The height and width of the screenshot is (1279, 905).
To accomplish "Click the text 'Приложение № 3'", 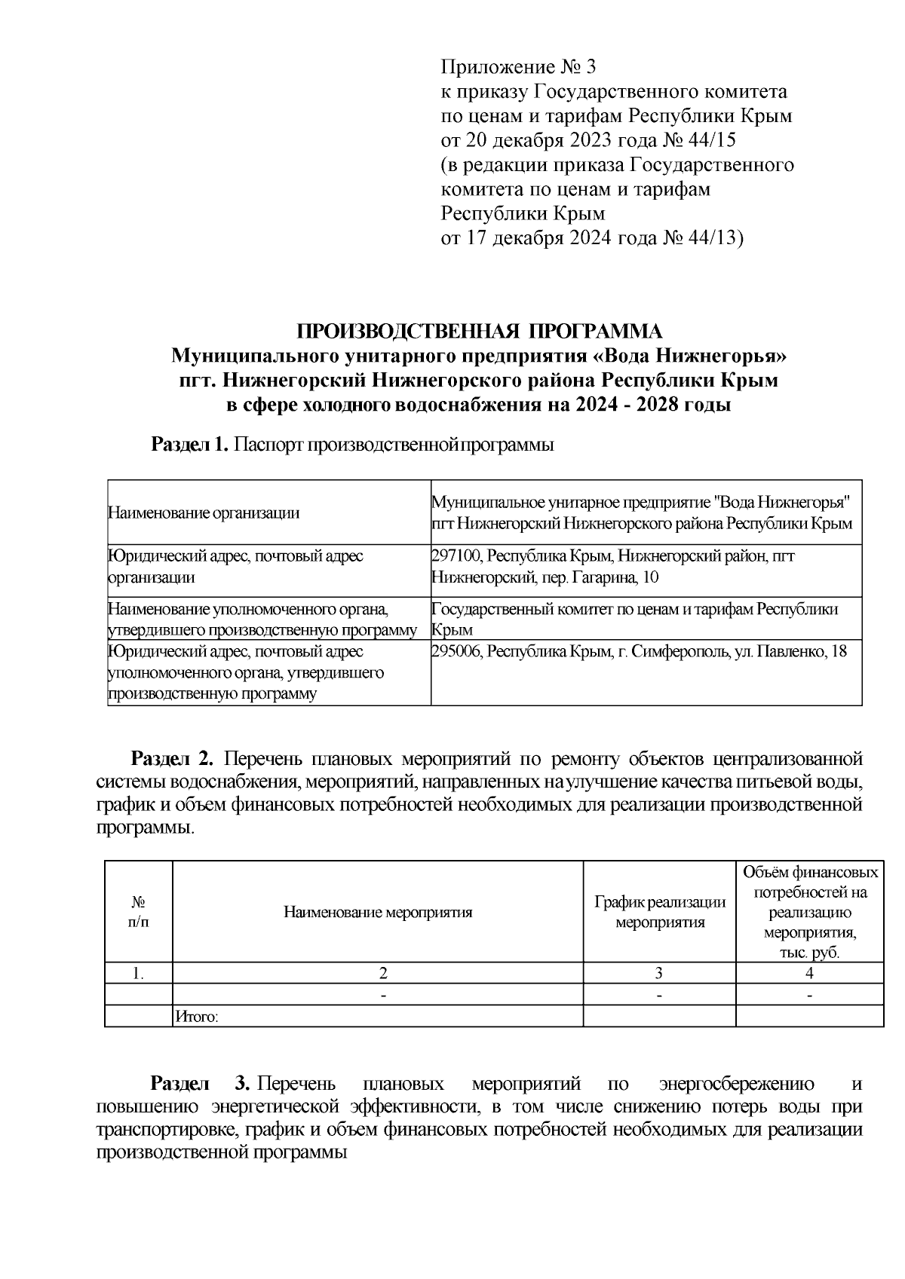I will (518, 68).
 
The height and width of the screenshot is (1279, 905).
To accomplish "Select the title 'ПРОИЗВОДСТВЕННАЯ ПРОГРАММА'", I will (480, 332).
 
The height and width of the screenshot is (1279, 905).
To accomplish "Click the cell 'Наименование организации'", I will (204, 514).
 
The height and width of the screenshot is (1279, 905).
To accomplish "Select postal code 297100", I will (456, 556).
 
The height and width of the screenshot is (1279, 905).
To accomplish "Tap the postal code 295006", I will (456, 651).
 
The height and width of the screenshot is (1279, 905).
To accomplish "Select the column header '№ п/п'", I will (139, 912).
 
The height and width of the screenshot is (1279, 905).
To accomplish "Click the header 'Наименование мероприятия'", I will (378, 913).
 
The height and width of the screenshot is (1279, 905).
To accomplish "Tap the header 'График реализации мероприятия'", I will (660, 912).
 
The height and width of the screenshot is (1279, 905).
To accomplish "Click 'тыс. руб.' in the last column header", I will (809, 953).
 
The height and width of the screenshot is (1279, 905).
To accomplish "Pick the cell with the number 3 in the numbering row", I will (659, 973).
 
